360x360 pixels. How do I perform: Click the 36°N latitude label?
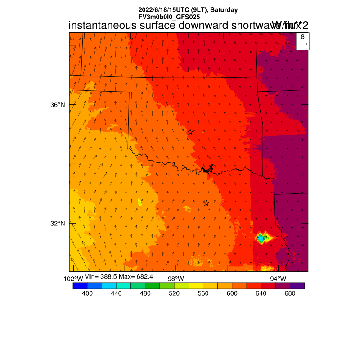(x=58, y=105)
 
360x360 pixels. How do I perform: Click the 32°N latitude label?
(x=58, y=224)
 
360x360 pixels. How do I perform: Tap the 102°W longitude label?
(x=73, y=279)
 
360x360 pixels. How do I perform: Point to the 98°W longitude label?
(x=175, y=279)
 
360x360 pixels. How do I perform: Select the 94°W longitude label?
(x=278, y=279)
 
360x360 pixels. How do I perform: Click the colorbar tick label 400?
(x=87, y=293)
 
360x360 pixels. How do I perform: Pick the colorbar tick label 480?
(x=145, y=293)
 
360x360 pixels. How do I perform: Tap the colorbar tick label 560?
(x=203, y=293)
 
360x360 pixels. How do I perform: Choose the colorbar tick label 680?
(x=290, y=293)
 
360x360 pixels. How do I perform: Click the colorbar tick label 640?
(x=261, y=293)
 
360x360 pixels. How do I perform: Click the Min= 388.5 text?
(x=100, y=276)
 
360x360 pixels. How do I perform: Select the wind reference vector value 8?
(x=302, y=36)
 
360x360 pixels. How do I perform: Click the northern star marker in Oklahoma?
(x=190, y=132)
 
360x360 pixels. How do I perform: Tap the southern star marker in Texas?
(x=206, y=203)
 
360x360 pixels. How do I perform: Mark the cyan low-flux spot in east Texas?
(x=260, y=238)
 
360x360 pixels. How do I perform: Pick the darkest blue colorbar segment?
(x=80, y=285)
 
